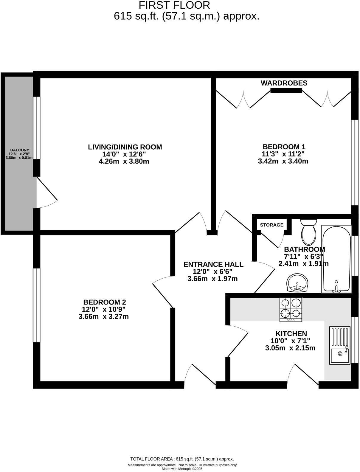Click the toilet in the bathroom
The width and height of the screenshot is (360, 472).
(x=308, y=232)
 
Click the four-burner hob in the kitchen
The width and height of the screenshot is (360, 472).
(x=291, y=309)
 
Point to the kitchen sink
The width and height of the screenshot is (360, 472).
(x=339, y=345)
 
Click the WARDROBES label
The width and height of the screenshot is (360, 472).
(x=284, y=83)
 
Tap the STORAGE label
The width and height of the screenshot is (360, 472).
(x=271, y=225)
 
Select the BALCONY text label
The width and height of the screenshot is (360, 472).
(x=19, y=150)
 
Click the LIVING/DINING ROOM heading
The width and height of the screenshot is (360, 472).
(x=125, y=147)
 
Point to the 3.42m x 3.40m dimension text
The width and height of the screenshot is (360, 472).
(x=283, y=162)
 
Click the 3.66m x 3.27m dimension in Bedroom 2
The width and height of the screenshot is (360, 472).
(x=103, y=316)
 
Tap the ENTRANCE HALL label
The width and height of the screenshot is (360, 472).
(x=213, y=264)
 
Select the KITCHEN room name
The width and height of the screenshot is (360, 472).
(x=291, y=334)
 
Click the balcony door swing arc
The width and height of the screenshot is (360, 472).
(x=48, y=194)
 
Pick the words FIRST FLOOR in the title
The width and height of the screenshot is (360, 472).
(x=174, y=5)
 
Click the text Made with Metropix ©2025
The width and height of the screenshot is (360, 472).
(x=182, y=469)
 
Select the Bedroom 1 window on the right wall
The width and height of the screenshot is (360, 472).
(x=354, y=163)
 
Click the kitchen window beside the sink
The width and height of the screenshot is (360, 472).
(x=354, y=340)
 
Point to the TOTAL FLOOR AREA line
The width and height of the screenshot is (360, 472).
(x=182, y=459)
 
